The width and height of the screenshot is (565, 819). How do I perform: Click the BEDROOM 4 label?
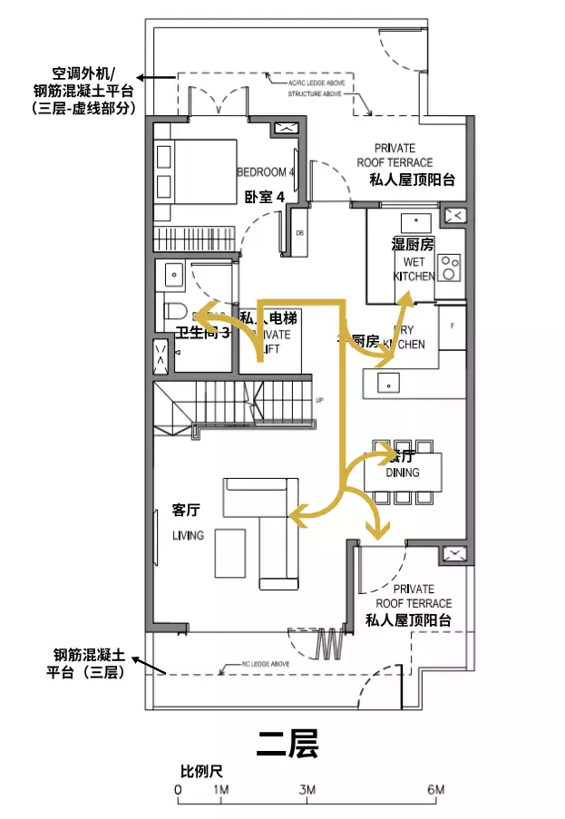266,172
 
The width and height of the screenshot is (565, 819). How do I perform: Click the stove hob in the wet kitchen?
450,265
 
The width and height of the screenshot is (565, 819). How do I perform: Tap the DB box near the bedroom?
299,233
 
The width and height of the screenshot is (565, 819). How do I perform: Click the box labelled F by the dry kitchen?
452,324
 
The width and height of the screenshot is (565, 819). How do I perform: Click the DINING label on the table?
403,472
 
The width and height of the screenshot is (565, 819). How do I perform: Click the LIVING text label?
189,535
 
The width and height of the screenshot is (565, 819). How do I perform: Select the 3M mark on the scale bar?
307,791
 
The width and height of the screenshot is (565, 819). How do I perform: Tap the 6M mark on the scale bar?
436,791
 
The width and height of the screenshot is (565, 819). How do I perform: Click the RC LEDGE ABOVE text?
265,664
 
